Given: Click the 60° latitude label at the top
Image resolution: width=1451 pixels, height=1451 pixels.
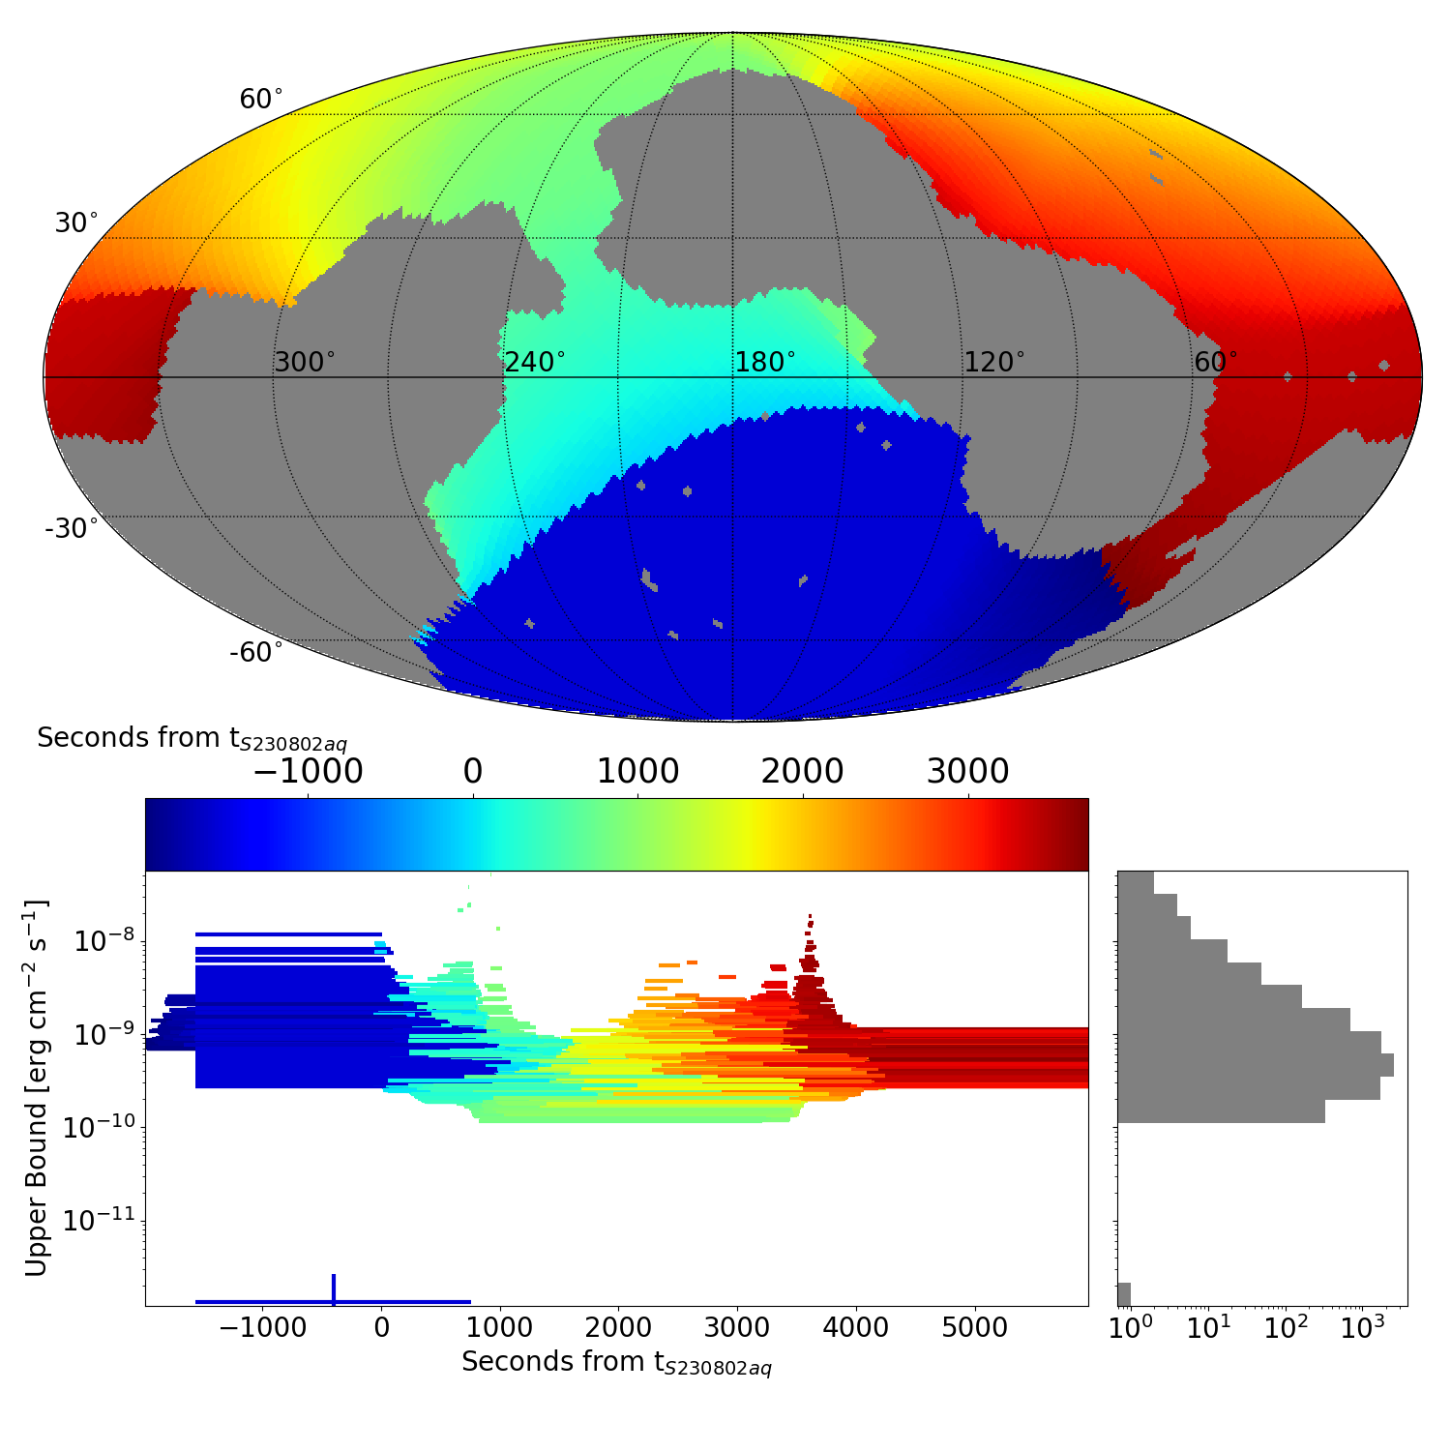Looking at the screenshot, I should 261,100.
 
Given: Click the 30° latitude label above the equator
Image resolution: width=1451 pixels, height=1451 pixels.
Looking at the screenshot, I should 75,223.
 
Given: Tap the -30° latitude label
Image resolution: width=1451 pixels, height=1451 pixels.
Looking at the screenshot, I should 72,529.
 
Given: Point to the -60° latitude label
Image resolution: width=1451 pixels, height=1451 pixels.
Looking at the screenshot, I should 256,653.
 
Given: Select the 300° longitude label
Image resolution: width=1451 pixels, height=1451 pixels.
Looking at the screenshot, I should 305,363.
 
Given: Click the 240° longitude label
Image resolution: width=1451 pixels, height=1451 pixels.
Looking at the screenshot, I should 535,363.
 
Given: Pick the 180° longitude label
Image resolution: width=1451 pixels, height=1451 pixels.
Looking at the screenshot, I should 765,363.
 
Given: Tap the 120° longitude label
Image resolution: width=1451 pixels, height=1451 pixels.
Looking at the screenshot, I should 994,363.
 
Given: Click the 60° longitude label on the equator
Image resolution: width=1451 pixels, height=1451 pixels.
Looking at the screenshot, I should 1216,363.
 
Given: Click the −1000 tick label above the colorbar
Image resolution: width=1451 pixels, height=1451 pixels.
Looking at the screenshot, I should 308,772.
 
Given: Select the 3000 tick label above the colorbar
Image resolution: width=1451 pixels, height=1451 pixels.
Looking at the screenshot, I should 968,772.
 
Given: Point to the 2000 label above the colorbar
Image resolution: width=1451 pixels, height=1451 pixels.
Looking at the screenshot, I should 803,772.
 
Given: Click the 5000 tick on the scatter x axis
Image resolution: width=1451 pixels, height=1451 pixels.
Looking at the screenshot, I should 975,1328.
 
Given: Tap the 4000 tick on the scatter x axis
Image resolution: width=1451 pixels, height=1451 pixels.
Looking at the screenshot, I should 856,1328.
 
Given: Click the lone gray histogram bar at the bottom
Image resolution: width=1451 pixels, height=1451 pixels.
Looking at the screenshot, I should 1124,1294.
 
